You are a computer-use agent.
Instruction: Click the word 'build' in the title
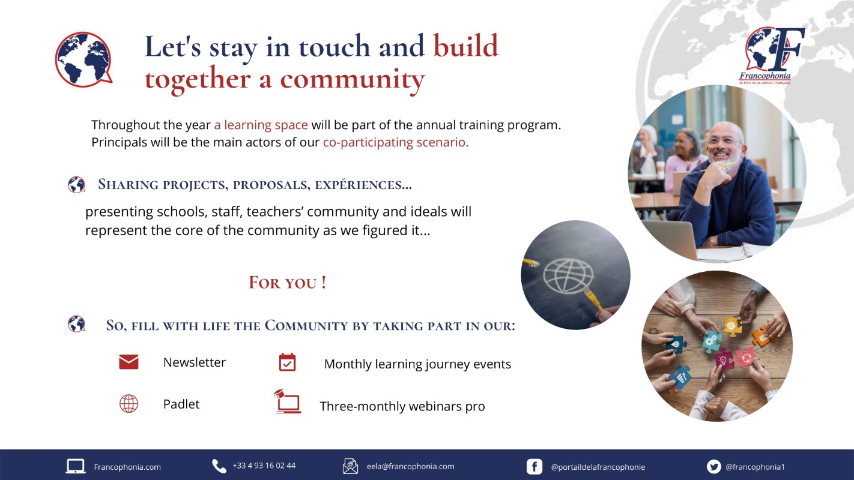pyautogui.click(x=466, y=46)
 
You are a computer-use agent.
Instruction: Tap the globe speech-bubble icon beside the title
pyautogui.click(x=83, y=59)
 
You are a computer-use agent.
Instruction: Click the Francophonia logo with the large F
pyautogui.click(x=773, y=56)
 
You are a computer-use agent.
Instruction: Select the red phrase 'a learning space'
pyautogui.click(x=261, y=125)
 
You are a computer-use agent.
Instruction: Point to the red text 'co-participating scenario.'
pyautogui.click(x=396, y=142)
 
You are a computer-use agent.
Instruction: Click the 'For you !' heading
pyautogui.click(x=288, y=282)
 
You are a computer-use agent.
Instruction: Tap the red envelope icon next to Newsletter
pyautogui.click(x=129, y=362)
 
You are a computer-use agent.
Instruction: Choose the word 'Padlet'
pyautogui.click(x=181, y=404)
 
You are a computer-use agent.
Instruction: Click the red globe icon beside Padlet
pyautogui.click(x=129, y=404)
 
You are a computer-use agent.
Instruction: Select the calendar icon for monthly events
pyautogui.click(x=287, y=362)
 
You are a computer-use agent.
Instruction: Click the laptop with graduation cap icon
pyautogui.click(x=288, y=401)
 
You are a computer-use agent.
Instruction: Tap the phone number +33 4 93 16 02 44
pyautogui.click(x=264, y=466)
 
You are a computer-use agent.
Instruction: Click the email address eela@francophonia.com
pyautogui.click(x=411, y=466)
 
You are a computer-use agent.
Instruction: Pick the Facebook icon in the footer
pyautogui.click(x=534, y=467)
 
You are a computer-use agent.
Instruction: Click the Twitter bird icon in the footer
pyautogui.click(x=713, y=467)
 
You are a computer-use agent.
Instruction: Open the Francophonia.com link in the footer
pyautogui.click(x=127, y=467)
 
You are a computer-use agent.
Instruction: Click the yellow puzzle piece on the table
pyautogui.click(x=733, y=326)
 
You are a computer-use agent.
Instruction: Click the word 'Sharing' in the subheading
pyautogui.click(x=128, y=184)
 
